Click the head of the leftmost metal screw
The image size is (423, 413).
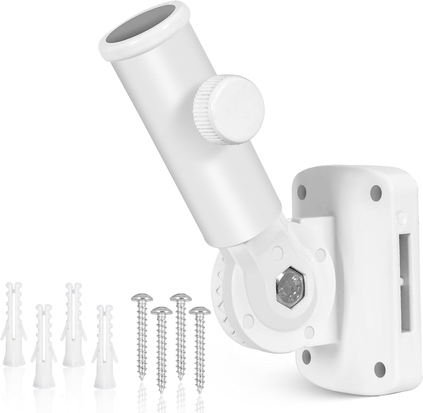(x=138, y=299)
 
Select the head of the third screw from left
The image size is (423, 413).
(x=179, y=299)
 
